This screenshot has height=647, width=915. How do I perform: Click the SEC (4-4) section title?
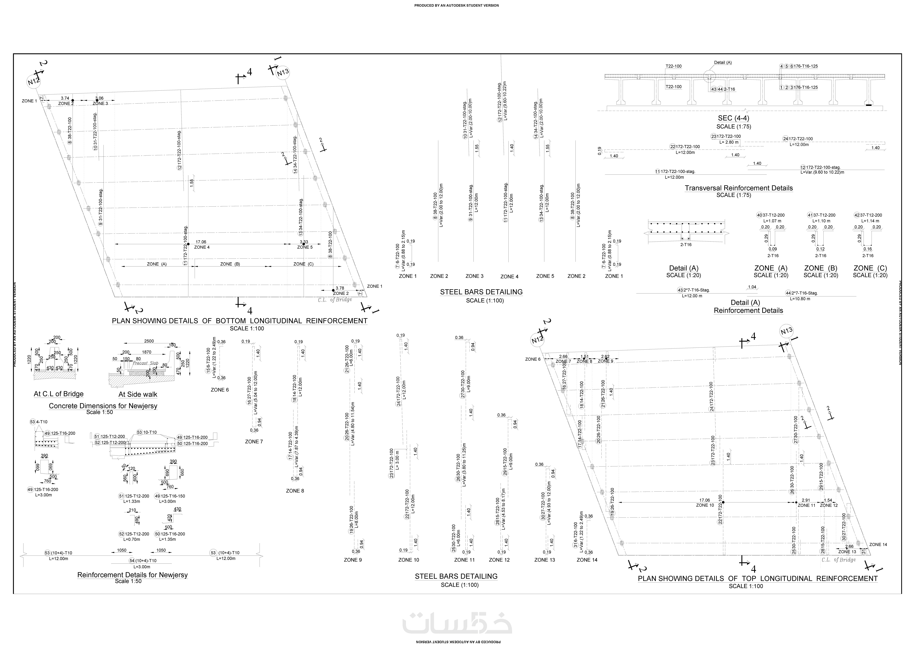(x=733, y=118)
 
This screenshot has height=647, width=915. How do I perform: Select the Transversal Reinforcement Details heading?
(x=738, y=188)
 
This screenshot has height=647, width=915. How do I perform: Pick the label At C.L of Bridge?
(x=59, y=394)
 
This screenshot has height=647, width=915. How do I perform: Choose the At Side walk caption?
(x=138, y=394)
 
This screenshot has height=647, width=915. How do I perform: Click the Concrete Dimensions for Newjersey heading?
(x=103, y=406)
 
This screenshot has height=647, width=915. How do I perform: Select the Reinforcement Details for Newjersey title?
(x=132, y=575)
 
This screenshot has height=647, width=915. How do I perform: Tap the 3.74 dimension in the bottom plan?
(x=65, y=98)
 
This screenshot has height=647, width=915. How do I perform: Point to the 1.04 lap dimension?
(x=752, y=287)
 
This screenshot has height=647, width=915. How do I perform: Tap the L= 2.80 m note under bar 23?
(x=729, y=142)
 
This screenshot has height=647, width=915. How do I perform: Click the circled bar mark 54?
(x=132, y=561)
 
